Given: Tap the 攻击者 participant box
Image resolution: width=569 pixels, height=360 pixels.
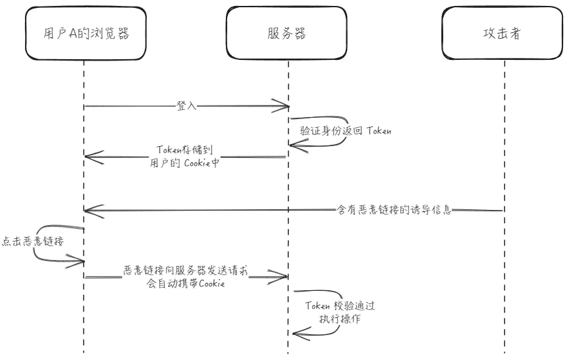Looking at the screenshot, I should (505, 34).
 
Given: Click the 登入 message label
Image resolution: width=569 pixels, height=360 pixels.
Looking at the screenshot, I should (186, 105).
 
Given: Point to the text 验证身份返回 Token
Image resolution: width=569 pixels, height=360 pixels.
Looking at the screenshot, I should (346, 130).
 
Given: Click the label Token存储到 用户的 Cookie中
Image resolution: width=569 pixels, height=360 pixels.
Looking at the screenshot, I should (185, 157).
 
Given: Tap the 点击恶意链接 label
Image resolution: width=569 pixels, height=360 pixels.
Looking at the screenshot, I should (32, 242).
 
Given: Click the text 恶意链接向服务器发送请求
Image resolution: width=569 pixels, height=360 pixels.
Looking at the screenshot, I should (185, 270).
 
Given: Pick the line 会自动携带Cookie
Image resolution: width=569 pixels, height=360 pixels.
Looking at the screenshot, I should (186, 284).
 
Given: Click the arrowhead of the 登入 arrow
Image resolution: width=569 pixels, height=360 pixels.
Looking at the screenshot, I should (284, 106).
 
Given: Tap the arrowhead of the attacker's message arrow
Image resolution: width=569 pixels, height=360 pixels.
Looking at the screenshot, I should (90, 211).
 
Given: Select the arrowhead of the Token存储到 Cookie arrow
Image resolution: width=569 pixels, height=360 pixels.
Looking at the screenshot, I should (90, 157).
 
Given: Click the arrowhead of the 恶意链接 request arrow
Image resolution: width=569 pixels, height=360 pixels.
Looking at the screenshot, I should (284, 277).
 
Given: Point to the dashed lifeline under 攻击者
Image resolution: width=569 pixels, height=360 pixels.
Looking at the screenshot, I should (504, 276).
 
